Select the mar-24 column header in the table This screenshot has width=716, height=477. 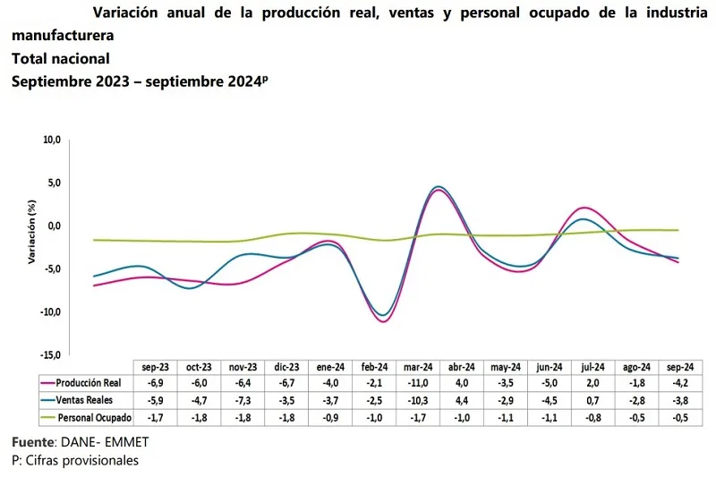click(418, 367)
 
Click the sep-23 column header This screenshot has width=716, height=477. click(155, 367)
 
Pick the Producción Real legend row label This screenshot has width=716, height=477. click(91, 383)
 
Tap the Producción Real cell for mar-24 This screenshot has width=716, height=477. click(418, 383)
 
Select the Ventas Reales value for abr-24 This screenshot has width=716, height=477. click(462, 400)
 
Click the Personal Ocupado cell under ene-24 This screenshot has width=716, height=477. click(330, 417)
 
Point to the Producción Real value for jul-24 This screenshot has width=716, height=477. click(593, 383)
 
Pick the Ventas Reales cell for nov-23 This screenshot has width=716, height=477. click(243, 400)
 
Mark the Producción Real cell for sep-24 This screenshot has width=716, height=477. click(681, 383)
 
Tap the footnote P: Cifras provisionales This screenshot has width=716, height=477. click(75, 460)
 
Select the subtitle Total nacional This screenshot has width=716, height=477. click(60, 59)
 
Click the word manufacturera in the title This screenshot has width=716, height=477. click(63, 38)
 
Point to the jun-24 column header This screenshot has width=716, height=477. click(550, 367)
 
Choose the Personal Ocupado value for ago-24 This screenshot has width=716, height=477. click(637, 417)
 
